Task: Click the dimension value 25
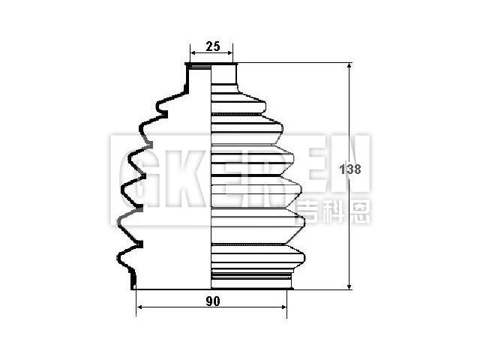pyautogui.click(x=211, y=46)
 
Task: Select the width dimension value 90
pyautogui.click(x=212, y=301)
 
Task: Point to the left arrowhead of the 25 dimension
pyautogui.click(x=192, y=54)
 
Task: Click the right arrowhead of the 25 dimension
pyautogui.click(x=230, y=54)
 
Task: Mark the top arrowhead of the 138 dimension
pyautogui.click(x=349, y=67)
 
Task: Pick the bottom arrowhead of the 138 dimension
pyautogui.click(x=349, y=286)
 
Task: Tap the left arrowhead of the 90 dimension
pyautogui.click(x=139, y=308)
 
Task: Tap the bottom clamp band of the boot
pyautogui.click(x=250, y=281)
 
